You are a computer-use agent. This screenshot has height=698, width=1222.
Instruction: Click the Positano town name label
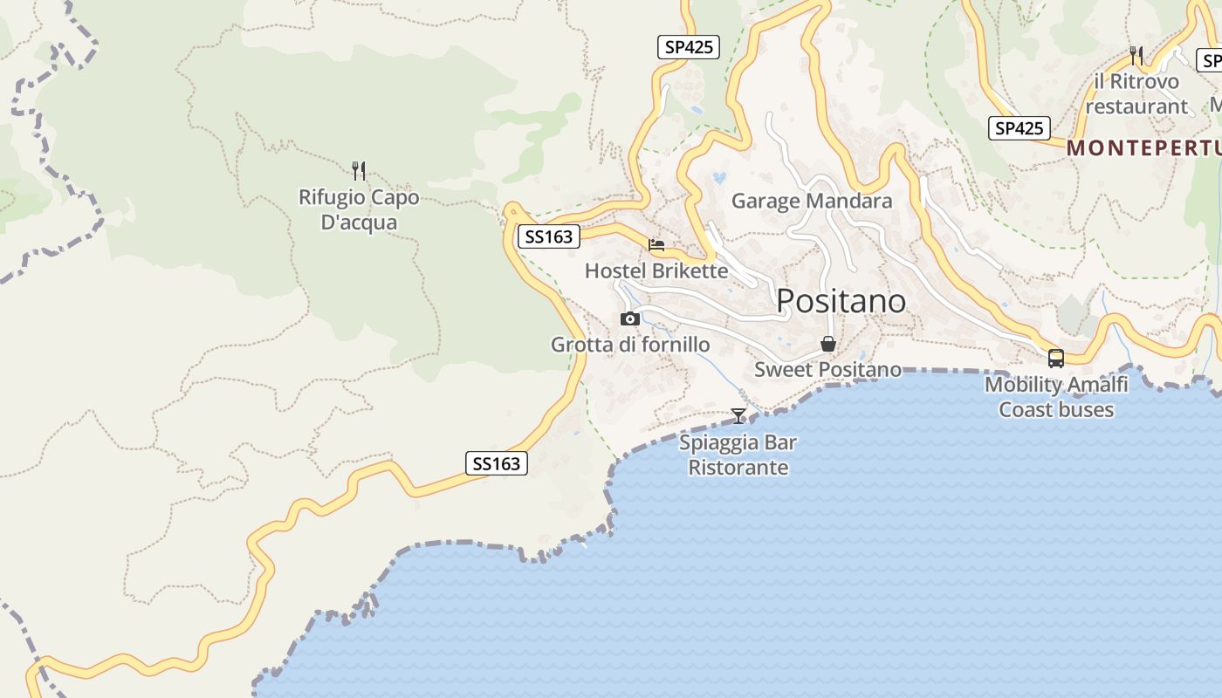[841, 301]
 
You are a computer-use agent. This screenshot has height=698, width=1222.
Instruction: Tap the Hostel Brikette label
[656, 270]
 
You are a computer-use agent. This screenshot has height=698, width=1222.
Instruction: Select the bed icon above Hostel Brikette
[656, 245]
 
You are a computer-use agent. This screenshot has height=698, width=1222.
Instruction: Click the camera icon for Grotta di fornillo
[629, 319]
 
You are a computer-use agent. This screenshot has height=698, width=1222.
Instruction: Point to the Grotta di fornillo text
[629, 345]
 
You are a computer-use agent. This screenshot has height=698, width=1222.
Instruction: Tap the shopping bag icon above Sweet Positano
[827, 344]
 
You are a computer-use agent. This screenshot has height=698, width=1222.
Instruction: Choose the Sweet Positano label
[827, 369]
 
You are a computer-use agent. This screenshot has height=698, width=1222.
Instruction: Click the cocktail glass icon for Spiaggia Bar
[738, 415]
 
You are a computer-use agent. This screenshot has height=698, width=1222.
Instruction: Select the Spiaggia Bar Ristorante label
[738, 455]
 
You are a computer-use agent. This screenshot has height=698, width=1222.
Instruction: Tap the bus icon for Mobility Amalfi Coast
[1056, 358]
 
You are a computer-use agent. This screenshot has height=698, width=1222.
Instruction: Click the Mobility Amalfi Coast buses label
[1056, 397]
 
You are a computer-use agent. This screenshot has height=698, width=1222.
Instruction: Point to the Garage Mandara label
[812, 201]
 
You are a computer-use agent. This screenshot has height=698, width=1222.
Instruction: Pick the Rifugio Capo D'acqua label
[359, 209]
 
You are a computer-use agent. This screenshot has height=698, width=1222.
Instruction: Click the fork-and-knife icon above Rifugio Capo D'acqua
[359, 169]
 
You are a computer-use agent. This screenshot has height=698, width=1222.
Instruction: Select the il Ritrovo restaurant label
[1136, 94]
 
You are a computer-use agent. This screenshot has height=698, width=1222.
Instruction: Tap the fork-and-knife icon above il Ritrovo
[1136, 55]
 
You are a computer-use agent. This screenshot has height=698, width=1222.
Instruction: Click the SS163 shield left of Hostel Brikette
[548, 236]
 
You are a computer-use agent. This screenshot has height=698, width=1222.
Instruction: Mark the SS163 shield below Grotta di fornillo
[496, 463]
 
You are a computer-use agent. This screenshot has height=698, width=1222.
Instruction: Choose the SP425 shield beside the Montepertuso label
[1019, 128]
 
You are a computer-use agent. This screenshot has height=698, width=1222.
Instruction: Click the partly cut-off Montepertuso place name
[1143, 148]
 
